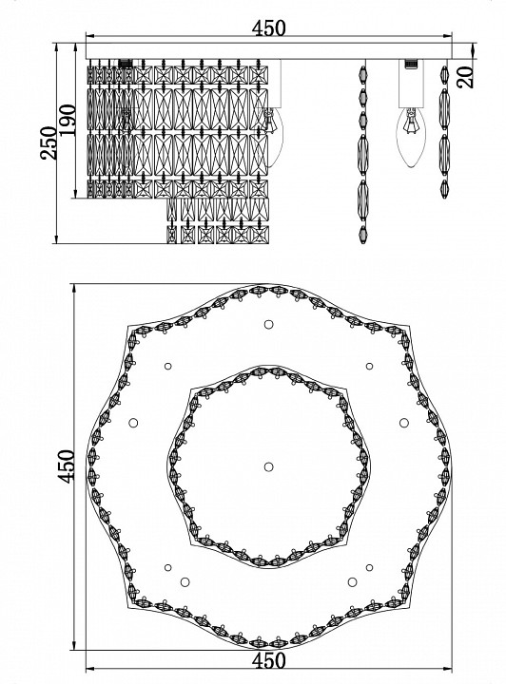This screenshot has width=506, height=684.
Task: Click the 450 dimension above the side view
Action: tap(268, 28)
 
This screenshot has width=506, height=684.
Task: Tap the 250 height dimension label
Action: tap(49, 143)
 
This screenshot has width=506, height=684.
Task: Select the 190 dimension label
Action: tap(68, 120)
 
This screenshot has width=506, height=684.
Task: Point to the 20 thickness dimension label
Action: tap(466, 77)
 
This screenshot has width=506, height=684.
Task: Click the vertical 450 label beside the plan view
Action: tap(67, 466)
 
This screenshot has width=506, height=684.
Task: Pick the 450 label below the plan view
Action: tap(269, 660)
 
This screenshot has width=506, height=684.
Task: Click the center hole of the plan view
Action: tap(268, 466)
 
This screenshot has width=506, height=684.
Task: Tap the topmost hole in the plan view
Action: tap(268, 324)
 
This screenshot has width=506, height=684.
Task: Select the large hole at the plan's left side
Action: tap(133, 422)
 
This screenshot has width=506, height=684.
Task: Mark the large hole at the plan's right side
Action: tap(404, 423)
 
